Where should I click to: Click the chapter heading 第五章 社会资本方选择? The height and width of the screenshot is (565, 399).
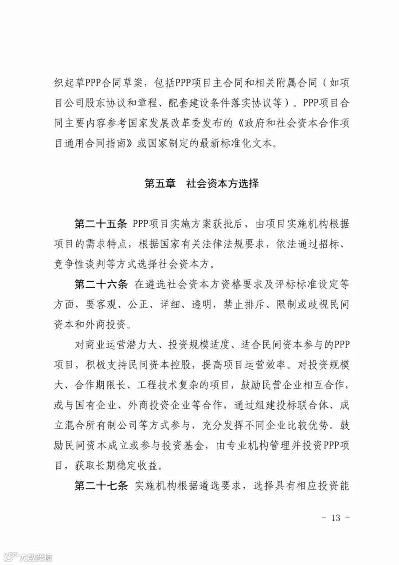click(x=202, y=183)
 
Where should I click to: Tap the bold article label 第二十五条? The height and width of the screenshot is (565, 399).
click(x=101, y=224)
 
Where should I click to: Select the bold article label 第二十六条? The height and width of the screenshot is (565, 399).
click(x=101, y=284)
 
